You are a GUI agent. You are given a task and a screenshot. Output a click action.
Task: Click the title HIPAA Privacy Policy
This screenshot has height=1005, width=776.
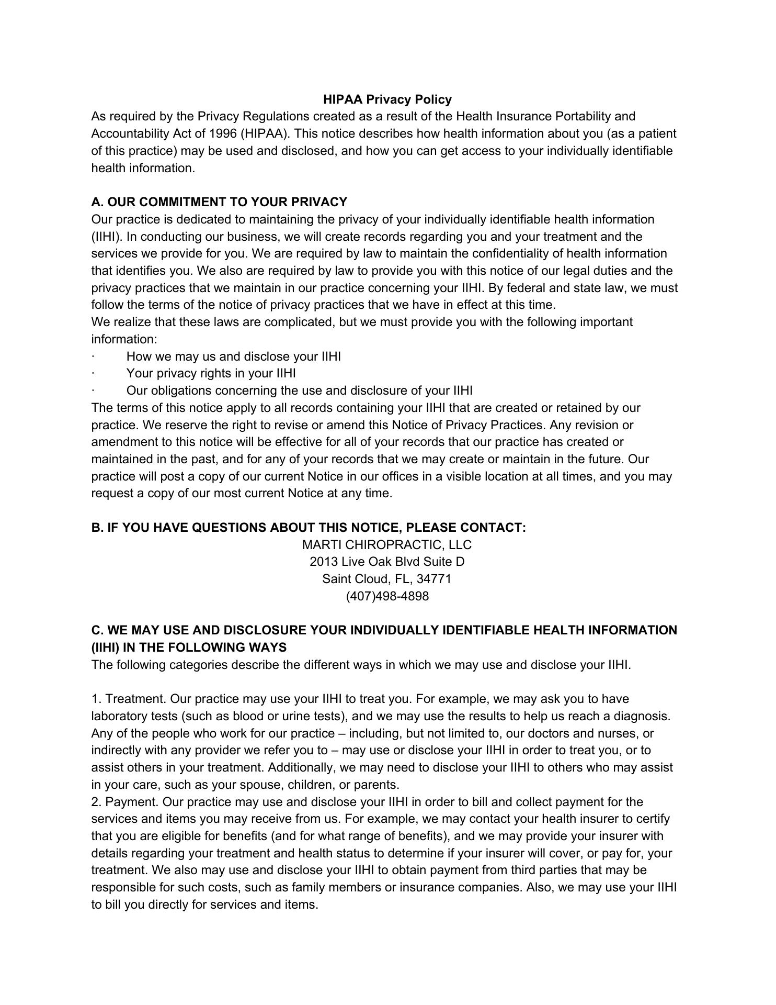387,99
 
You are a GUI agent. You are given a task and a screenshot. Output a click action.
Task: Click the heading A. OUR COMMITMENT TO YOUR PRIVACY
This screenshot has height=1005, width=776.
219,202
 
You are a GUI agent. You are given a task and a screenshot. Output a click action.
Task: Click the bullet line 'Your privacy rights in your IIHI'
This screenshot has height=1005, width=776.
211,373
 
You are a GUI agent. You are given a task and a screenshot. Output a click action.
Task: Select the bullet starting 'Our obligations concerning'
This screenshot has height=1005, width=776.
299,390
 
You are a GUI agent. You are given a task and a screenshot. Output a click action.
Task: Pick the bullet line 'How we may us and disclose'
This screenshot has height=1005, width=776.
233,356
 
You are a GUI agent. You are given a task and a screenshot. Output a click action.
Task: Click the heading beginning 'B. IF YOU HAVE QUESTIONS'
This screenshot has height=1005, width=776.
309,528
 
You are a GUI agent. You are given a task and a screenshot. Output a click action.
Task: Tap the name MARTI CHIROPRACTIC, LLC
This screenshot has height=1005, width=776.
387,545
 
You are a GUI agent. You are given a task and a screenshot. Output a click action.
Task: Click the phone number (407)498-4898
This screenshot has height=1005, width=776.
387,596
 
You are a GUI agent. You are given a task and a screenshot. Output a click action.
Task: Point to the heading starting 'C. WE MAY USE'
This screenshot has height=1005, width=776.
384,630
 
